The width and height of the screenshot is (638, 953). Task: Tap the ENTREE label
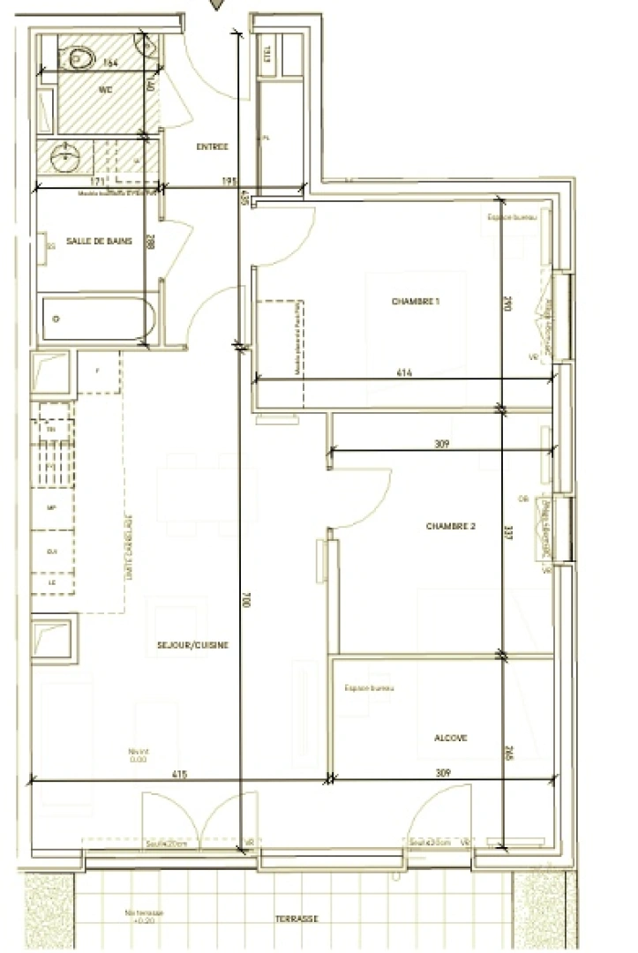(212, 147)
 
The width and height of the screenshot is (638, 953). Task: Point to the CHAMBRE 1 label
(416, 302)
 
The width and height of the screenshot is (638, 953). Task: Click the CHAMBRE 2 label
(451, 526)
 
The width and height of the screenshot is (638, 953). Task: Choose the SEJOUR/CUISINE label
(192, 645)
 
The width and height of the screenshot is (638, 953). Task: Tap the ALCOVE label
(450, 738)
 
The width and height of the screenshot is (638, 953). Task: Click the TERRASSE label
(296, 919)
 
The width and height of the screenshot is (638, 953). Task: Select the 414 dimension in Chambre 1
(404, 373)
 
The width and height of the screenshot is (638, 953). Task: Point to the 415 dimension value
(180, 774)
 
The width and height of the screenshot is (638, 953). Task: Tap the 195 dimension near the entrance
(229, 182)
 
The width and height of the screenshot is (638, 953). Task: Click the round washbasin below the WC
(64, 159)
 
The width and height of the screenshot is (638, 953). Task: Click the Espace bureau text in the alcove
(369, 687)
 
